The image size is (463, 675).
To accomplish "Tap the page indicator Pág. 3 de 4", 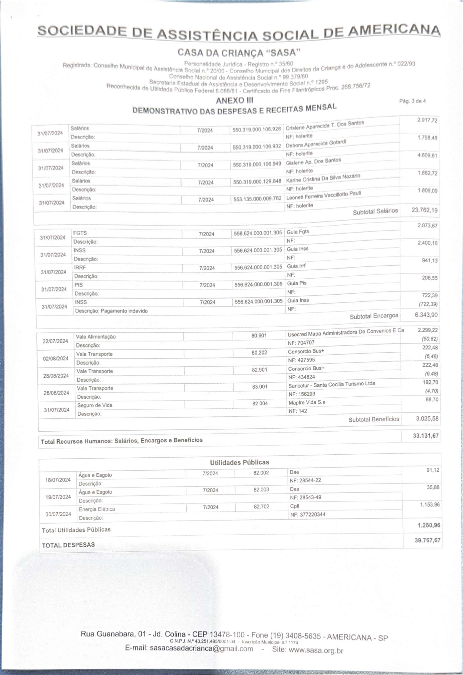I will (412, 101).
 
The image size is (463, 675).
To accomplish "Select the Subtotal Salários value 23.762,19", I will (424, 210).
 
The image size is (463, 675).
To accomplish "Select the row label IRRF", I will (80, 267).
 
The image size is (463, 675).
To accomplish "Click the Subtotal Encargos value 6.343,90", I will (426, 315).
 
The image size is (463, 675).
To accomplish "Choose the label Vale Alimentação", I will (96, 337).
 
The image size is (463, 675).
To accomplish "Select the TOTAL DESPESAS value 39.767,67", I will (427, 540).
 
